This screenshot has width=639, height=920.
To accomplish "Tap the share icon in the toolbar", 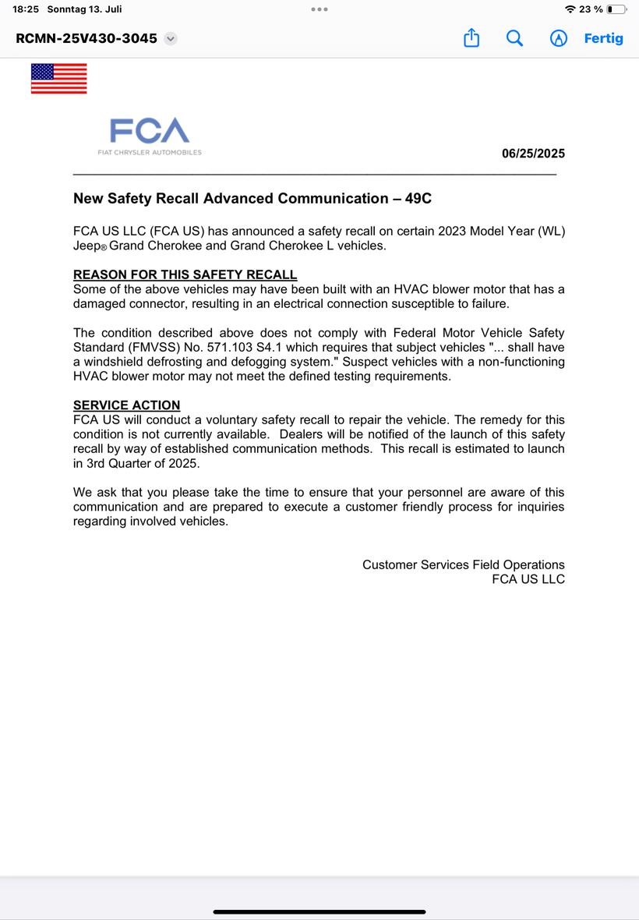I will point(471,38).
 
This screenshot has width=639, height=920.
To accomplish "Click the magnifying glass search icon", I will point(514,38).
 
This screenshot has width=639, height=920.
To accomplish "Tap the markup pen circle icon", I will point(559,38).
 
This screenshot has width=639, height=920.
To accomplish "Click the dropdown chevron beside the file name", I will point(171,38).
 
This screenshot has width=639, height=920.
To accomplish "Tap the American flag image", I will point(58,79).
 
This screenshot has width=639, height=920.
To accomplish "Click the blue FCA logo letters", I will point(150,131).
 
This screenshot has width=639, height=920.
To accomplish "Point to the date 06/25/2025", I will point(533,154).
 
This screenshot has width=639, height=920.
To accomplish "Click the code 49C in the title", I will point(418,199).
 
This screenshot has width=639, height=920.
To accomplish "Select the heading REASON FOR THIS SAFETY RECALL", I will point(185,274).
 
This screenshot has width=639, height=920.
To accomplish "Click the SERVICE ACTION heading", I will point(126,405).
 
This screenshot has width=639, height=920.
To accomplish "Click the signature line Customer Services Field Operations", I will point(463,564).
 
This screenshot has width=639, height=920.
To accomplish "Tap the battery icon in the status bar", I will point(616,9).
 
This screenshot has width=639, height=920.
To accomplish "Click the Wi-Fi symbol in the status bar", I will point(570,9).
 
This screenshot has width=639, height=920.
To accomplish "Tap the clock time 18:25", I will point(26,9).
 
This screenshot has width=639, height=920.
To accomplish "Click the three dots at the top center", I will point(319,9).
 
